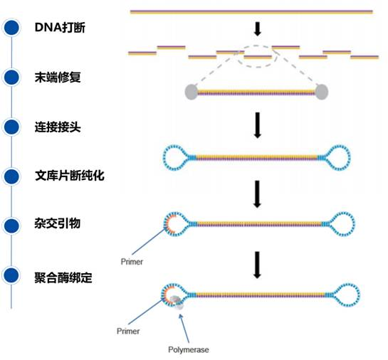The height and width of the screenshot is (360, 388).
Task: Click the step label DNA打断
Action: (60, 28)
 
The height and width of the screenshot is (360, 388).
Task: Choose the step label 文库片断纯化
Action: (70, 174)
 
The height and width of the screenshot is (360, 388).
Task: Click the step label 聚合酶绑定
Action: (65, 273)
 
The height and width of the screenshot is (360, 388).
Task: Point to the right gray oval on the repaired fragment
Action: (322, 91)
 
